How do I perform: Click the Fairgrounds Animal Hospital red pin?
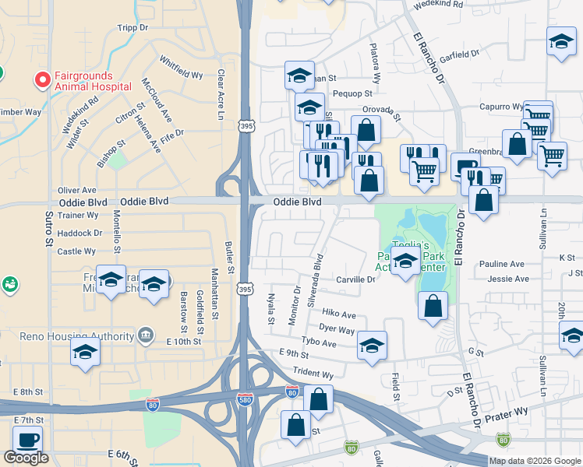41,80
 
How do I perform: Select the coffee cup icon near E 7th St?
28,440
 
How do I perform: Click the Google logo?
26,458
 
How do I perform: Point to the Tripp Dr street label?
132,27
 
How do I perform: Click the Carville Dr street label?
355,279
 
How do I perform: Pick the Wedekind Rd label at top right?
438,4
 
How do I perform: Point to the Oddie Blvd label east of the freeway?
297,202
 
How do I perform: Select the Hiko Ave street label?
339,315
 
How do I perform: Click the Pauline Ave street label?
507,265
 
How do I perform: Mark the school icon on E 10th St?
85,353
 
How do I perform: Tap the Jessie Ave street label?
507,279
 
